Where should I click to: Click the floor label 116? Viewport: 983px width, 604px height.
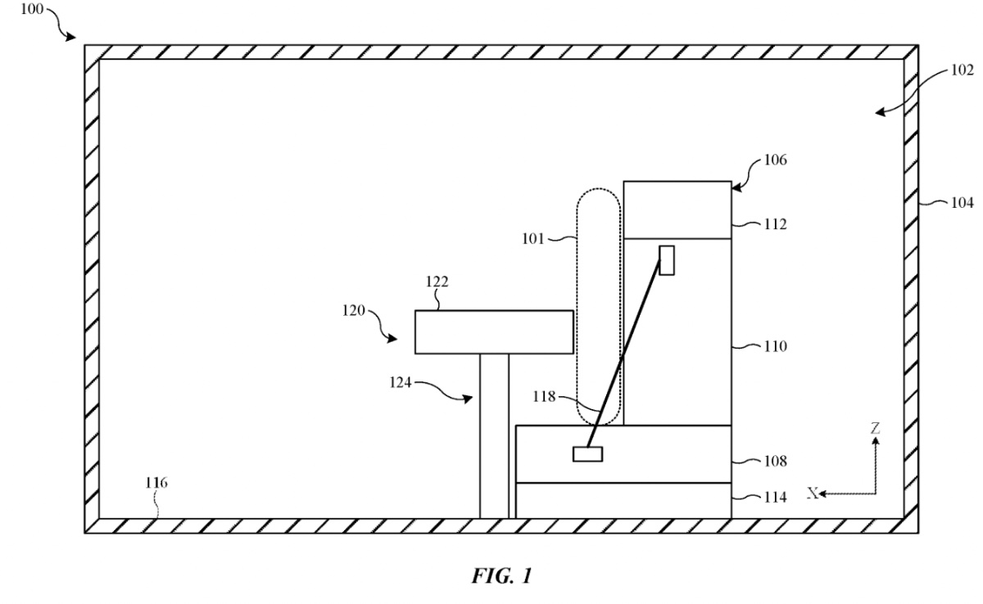point(156,483)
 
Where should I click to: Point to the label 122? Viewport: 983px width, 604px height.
point(437,282)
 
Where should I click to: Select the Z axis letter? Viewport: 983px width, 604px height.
point(876,427)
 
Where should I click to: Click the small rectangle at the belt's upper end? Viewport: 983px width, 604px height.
point(667,260)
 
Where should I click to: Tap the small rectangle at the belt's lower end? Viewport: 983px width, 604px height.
point(587,454)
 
